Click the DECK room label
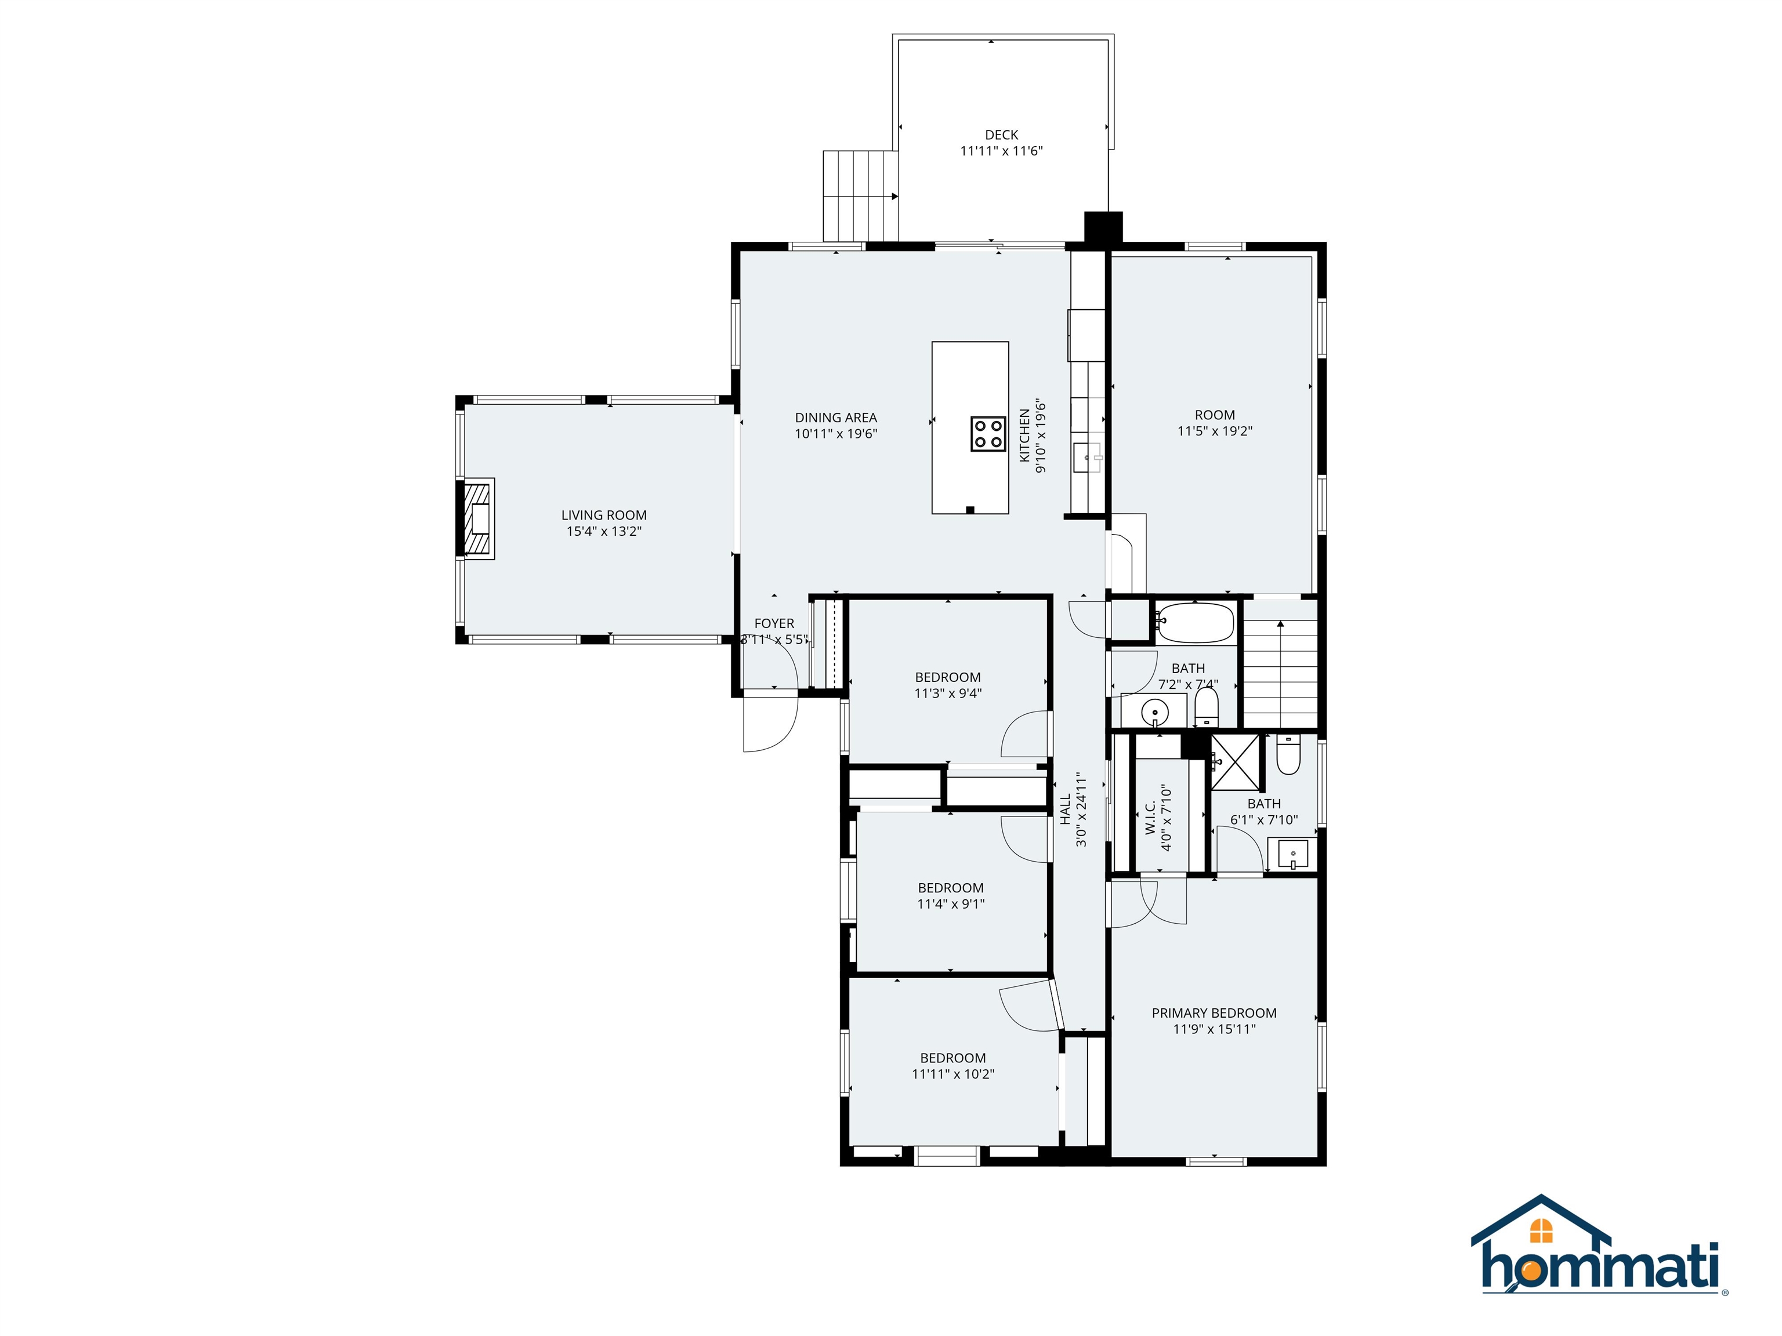pyautogui.click(x=1001, y=135)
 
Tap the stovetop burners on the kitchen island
pyautogui.click(x=988, y=433)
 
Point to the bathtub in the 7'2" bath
pyautogui.click(x=1196, y=621)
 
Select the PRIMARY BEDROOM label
pyautogui.click(x=1214, y=1013)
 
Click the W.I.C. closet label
pyautogui.click(x=1150, y=818)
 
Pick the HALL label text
pyautogui.click(x=1066, y=809)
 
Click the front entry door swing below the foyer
pyautogui.click(x=769, y=723)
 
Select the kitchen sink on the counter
pyautogui.click(x=1088, y=458)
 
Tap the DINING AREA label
pyautogui.click(x=835, y=417)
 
